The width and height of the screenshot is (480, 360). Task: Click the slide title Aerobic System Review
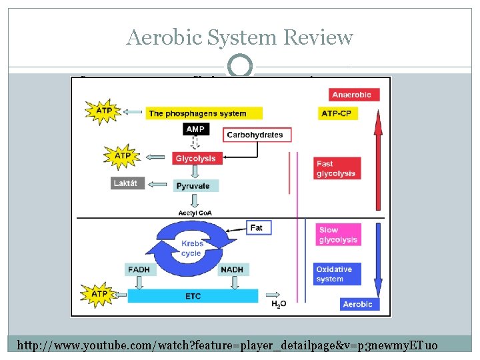[239, 37]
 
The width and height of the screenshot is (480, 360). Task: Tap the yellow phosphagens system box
[203, 113]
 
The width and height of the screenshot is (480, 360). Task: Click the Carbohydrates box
[255, 135]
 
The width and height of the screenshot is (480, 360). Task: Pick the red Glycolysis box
[195, 159]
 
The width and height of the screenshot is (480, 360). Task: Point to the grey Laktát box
[128, 183]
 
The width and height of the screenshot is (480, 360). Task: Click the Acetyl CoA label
[195, 213]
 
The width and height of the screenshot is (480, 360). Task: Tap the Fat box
[257, 227]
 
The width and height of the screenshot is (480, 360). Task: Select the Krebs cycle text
[191, 249]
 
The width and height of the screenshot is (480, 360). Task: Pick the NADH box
[233, 269]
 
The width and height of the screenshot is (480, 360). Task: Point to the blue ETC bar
[193, 296]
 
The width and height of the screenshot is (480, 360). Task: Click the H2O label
[279, 304]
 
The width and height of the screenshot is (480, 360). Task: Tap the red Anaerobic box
[347, 95]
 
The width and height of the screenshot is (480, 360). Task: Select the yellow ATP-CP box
[337, 113]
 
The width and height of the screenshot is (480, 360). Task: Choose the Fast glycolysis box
[337, 169]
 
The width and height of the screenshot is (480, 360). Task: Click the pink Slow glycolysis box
[338, 235]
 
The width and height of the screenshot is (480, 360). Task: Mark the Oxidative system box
[338, 274]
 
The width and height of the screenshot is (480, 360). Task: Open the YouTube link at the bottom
[227, 345]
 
